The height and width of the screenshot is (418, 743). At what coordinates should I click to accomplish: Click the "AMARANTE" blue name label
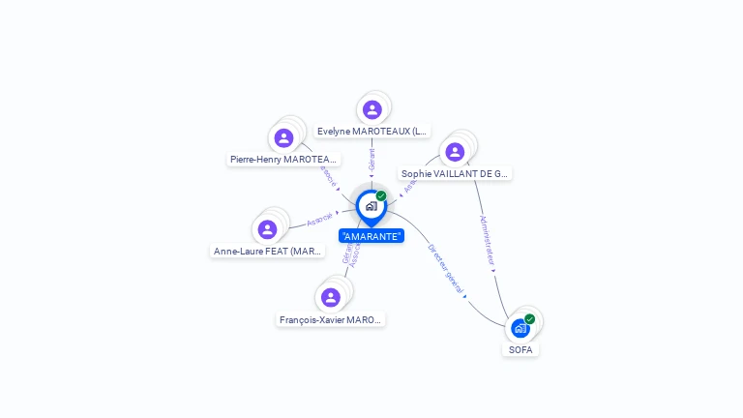[x=371, y=236]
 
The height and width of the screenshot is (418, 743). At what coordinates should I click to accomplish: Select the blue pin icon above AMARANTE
[x=371, y=206]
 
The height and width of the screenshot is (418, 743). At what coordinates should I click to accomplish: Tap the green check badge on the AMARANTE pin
[x=381, y=196]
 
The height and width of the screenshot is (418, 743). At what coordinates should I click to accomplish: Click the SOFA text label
[x=520, y=349]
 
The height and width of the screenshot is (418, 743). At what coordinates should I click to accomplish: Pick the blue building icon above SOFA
[x=520, y=328]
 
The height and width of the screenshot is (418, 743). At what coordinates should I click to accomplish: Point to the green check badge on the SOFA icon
[x=529, y=319]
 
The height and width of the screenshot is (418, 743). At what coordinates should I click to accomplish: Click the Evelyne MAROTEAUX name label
[x=372, y=131]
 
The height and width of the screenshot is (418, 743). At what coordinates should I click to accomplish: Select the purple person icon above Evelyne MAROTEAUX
[x=372, y=109]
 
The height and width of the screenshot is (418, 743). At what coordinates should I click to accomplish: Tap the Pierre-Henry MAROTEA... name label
[x=283, y=159]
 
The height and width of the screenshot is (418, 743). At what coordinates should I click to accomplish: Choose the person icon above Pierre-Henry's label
[x=283, y=137]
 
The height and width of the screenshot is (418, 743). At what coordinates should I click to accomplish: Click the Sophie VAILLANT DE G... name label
[x=455, y=174]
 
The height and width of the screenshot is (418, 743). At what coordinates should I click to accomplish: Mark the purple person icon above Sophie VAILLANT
[x=455, y=152]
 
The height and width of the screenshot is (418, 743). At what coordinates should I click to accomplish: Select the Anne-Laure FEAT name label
[x=268, y=252]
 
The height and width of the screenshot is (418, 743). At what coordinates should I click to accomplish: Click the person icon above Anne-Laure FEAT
[x=268, y=229]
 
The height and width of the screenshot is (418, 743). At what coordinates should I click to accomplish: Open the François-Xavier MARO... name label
[x=331, y=319]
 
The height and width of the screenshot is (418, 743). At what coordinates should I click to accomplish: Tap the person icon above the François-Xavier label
[x=331, y=297]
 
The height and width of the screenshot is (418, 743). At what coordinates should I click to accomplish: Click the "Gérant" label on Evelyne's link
[x=371, y=159]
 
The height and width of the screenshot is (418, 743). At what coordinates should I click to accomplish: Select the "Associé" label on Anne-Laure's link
[x=319, y=220]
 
